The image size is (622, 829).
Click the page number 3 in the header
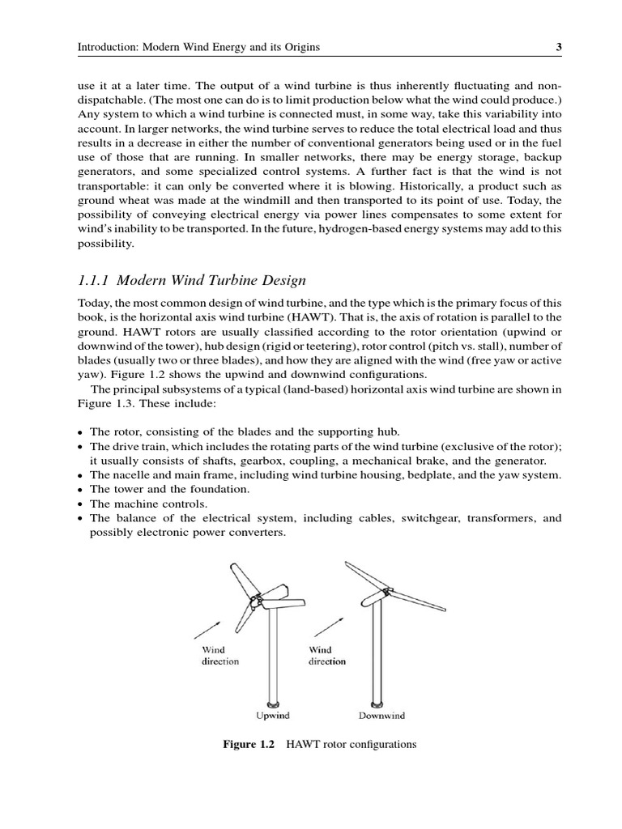[x=559, y=47]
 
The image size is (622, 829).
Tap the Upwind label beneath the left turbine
[x=273, y=716]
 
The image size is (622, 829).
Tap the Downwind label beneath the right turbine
[x=381, y=716]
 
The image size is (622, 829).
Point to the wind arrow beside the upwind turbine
[x=207, y=629]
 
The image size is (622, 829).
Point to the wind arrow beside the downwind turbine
[x=327, y=626]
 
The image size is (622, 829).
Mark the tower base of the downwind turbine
[x=375, y=702]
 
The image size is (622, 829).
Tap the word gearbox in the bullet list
[x=244, y=461]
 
